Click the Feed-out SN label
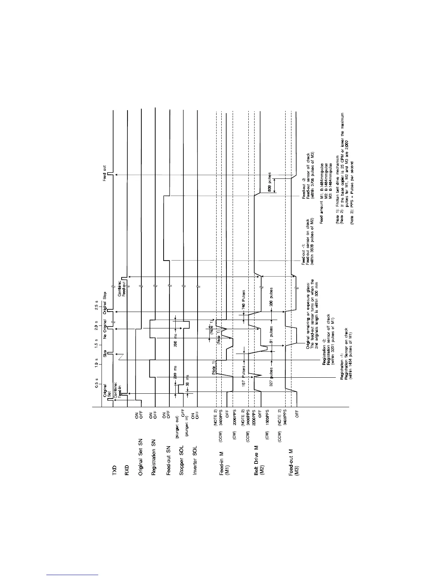168,461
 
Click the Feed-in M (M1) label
224,463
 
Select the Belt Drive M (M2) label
259,461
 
